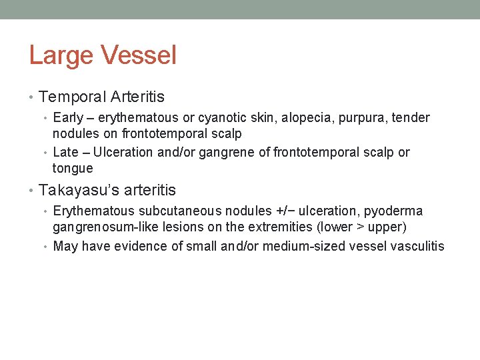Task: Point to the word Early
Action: (x=68, y=118)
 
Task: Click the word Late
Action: (x=65, y=153)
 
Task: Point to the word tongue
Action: (x=73, y=169)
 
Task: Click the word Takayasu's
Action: (x=74, y=191)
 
